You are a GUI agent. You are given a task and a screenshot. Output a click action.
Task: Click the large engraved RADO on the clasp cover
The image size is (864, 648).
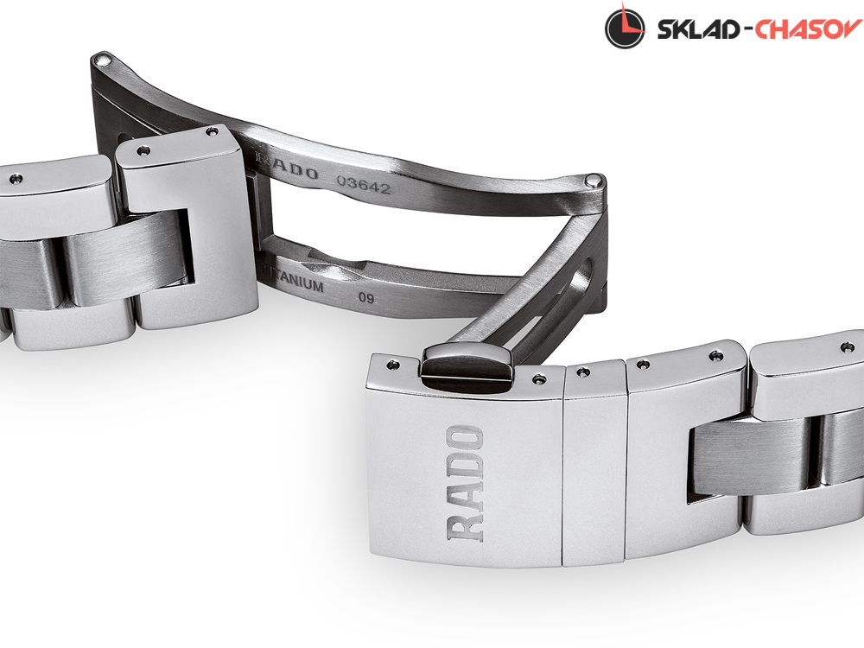tap(467, 483)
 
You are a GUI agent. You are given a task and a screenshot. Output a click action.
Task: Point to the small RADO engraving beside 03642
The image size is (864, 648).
tap(288, 167)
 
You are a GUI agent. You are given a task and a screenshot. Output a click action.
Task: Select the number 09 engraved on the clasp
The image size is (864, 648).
tap(366, 298)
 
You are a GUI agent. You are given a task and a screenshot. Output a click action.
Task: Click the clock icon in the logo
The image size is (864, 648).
tap(625, 29)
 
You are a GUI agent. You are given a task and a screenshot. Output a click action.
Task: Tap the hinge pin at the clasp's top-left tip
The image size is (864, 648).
tap(103, 59)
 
